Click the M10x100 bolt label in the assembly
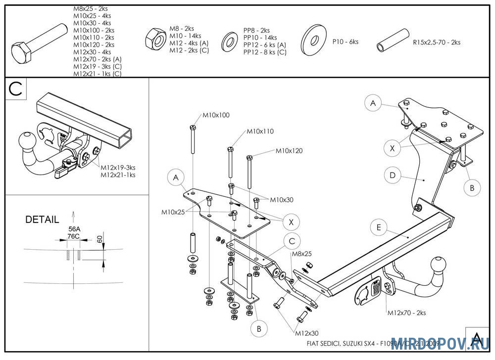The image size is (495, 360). (x=216, y=115)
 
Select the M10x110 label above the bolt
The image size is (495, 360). (x=260, y=132)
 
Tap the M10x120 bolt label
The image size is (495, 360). (x=289, y=150)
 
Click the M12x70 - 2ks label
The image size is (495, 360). (x=406, y=313)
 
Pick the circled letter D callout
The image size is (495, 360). (x=392, y=175)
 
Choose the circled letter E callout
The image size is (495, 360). (x=379, y=227)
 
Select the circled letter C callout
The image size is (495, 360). (x=292, y=241)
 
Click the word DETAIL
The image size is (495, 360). (x=42, y=219)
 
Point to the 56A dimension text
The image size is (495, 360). (x=74, y=228)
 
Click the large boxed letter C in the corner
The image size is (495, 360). (x=16, y=89)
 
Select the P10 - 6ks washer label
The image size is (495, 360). (x=345, y=42)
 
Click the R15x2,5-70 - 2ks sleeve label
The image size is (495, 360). (x=437, y=43)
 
